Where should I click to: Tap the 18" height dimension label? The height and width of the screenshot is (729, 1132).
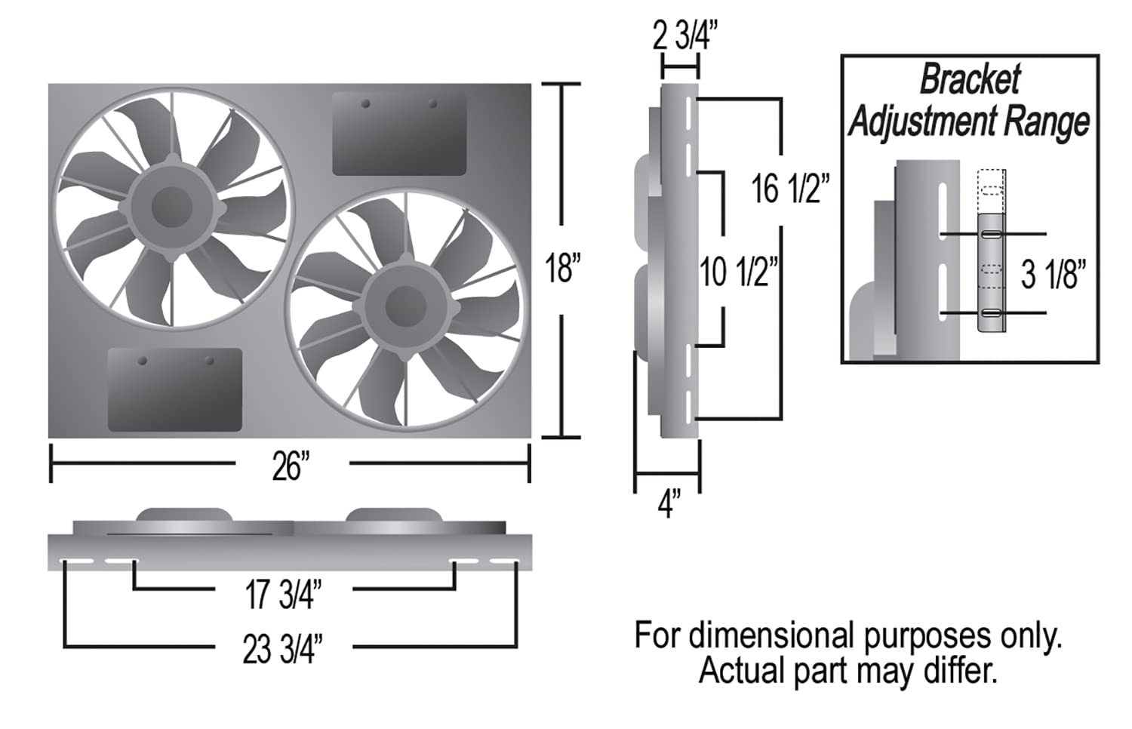(563, 268)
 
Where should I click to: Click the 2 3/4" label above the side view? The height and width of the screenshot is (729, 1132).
(684, 35)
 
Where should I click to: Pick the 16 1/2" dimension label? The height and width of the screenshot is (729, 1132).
(789, 188)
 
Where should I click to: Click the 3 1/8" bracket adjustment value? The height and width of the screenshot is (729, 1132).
(1054, 274)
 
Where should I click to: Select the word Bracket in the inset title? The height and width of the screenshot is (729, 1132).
(970, 79)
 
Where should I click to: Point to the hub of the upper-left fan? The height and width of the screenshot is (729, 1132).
(172, 207)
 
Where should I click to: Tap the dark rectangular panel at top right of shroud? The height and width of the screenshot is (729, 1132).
(399, 134)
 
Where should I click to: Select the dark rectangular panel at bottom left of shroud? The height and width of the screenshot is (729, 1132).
(175, 389)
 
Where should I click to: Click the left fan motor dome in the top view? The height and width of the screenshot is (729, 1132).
(183, 515)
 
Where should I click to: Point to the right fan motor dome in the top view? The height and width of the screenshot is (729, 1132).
(394, 515)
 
